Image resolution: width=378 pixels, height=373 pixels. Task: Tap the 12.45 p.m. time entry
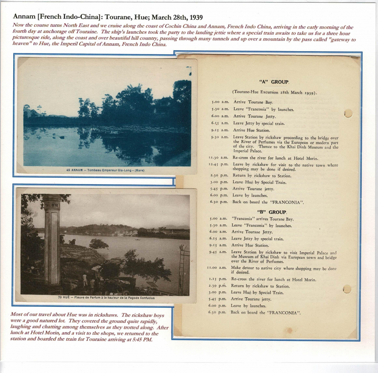pos(218,164)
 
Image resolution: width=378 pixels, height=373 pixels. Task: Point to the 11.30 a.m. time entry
pos(218,158)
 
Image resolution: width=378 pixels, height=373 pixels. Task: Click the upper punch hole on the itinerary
pos(348,113)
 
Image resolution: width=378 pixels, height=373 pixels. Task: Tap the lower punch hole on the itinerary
pos(346,289)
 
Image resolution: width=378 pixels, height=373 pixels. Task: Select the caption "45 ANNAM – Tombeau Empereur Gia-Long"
pos(105,170)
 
